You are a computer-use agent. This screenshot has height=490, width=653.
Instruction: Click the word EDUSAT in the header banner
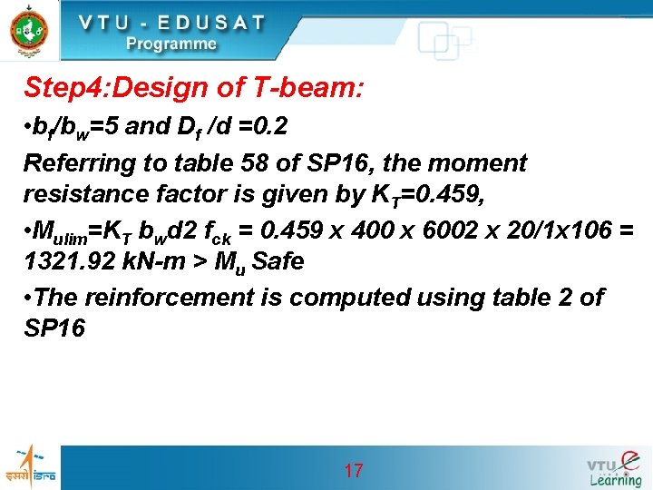click(203, 23)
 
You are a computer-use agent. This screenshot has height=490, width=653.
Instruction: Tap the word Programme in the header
click(171, 44)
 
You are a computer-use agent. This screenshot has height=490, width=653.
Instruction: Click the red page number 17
click(354, 470)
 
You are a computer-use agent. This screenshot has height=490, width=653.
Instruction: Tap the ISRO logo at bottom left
click(30, 466)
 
